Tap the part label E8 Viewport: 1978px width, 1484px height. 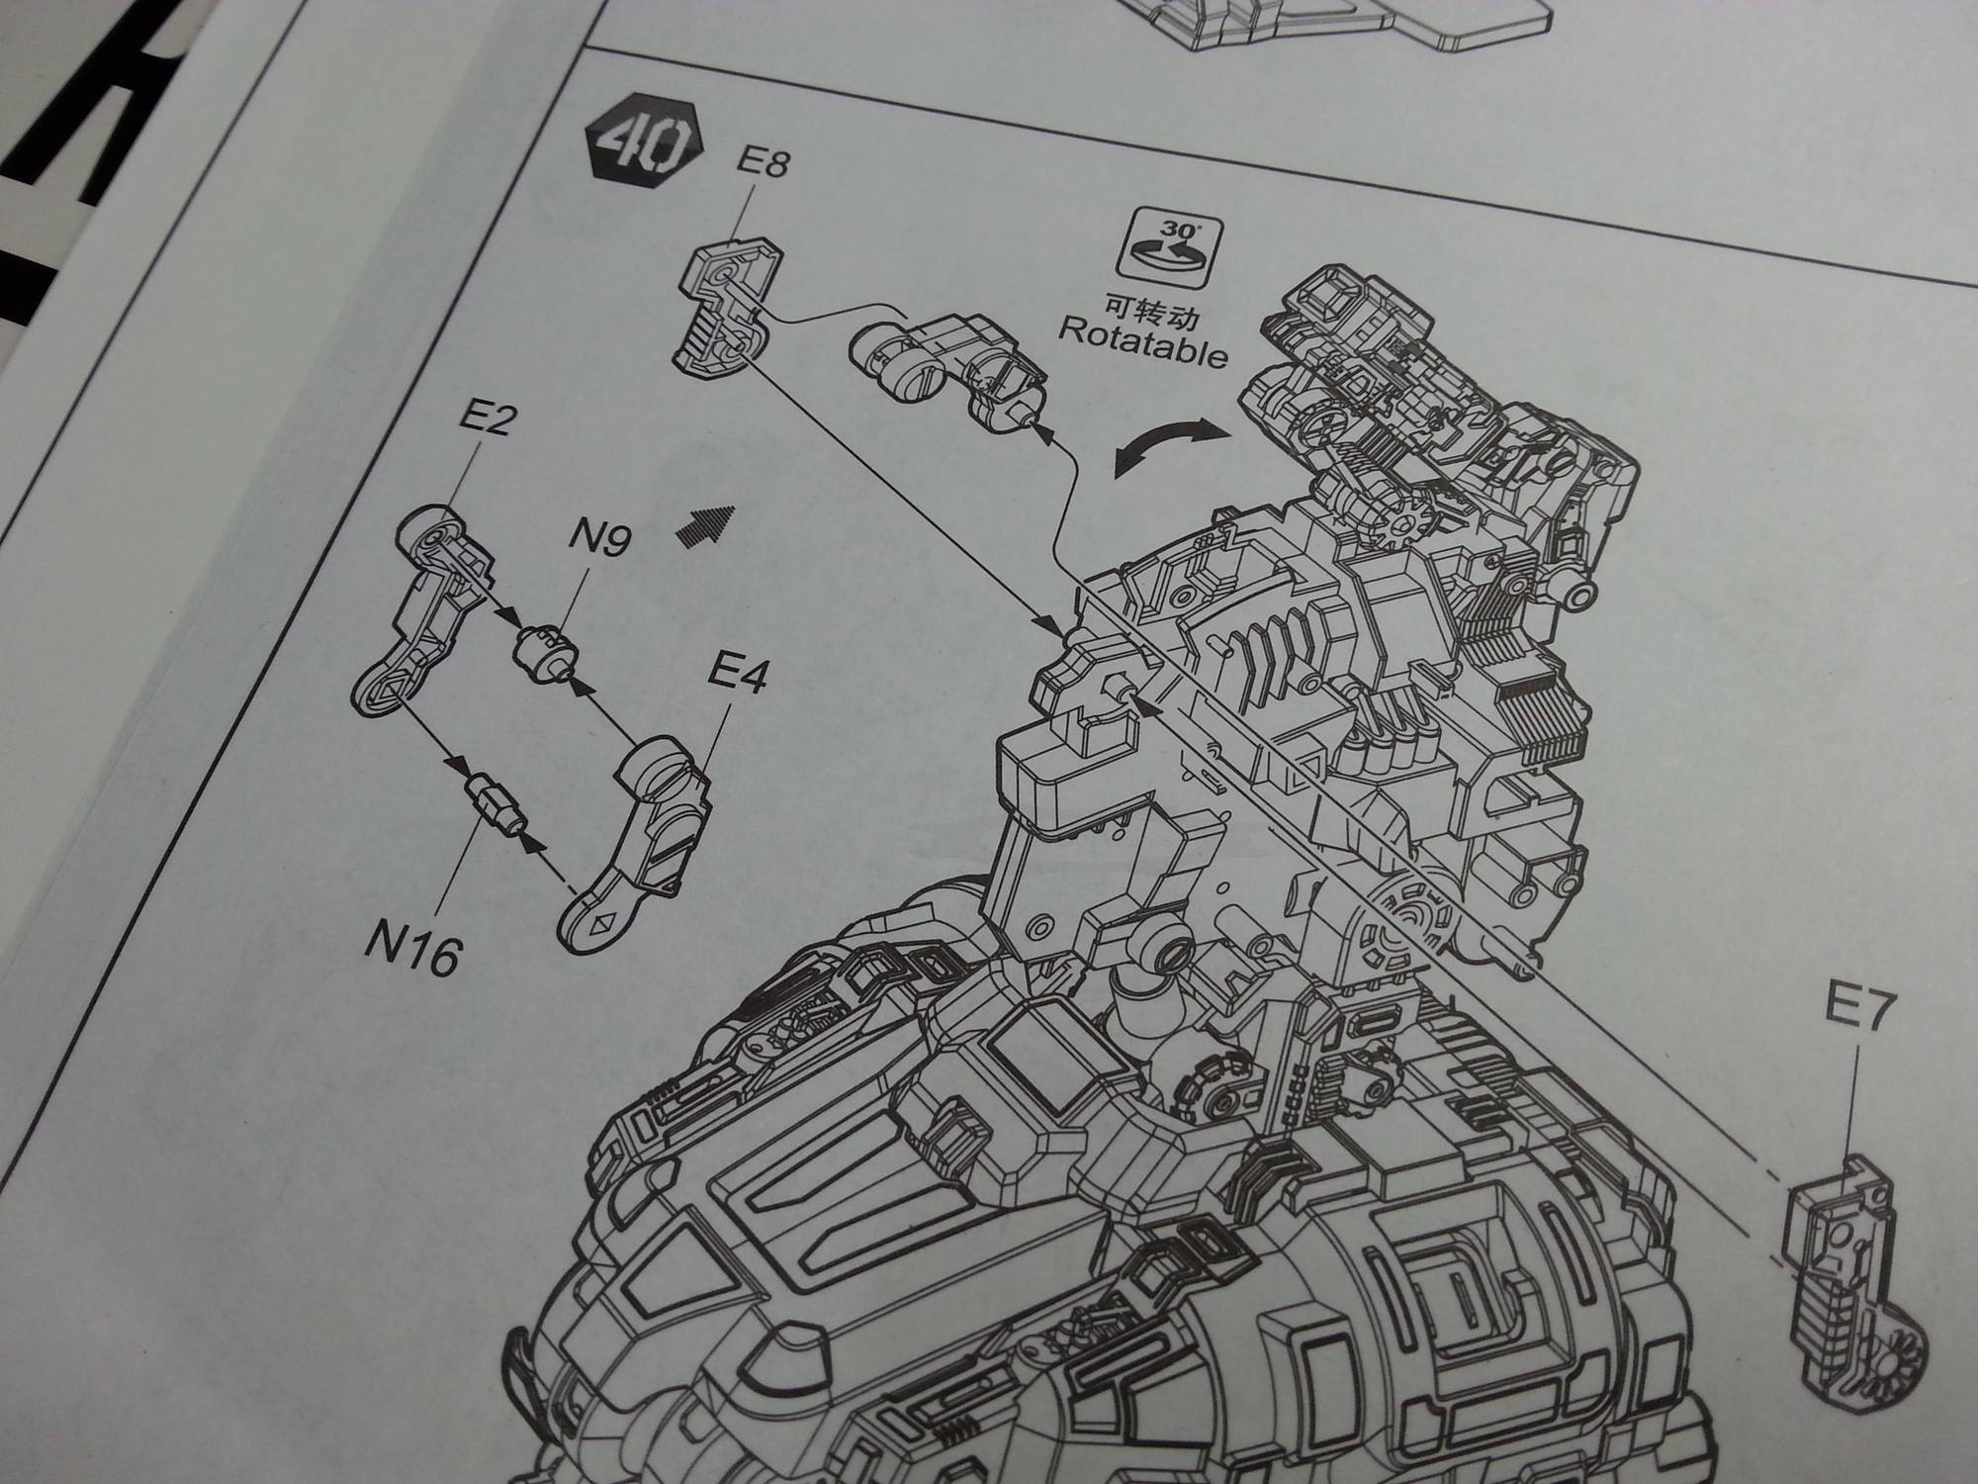point(763,162)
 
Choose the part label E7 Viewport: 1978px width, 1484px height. point(1857,1013)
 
